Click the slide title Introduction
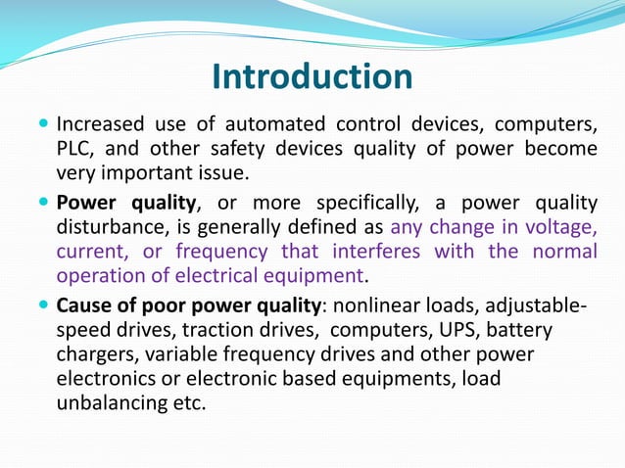[312, 77]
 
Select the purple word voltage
[561, 227]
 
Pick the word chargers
[95, 354]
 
